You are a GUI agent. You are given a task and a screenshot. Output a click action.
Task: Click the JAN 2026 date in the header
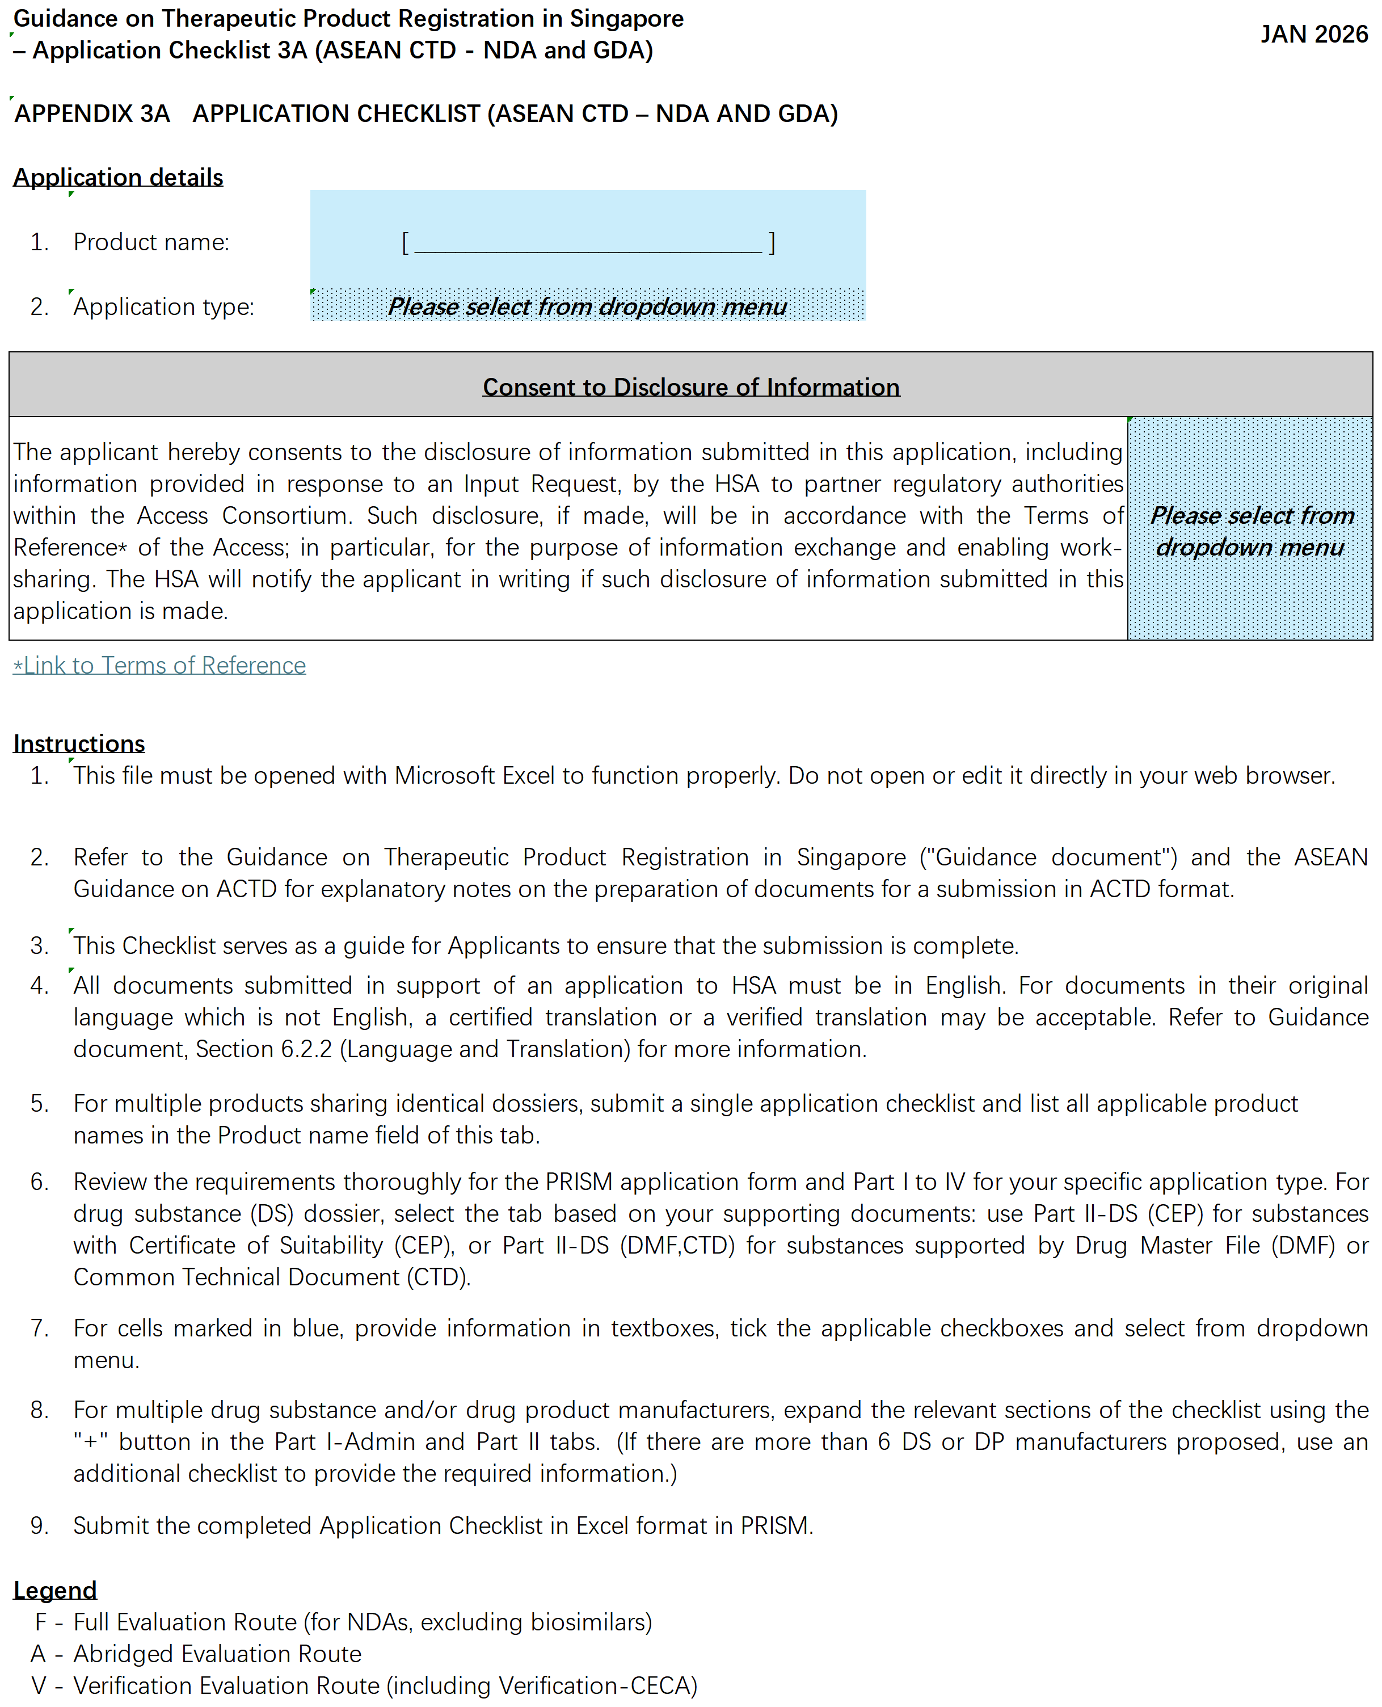pos(1313,34)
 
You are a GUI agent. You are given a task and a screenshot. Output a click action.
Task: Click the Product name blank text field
pos(588,242)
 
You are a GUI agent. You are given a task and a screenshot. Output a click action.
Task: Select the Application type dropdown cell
pos(588,306)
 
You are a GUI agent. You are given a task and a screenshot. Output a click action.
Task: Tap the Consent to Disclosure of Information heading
pos(691,387)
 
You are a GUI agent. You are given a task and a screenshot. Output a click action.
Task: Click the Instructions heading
pos(79,743)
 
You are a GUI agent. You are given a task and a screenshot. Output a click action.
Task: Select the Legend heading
pos(55,1590)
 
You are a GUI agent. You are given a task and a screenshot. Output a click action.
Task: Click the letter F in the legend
pos(41,1622)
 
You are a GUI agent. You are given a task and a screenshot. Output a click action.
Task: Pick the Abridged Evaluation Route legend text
pos(217,1654)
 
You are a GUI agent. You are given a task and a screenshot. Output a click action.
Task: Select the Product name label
pos(151,242)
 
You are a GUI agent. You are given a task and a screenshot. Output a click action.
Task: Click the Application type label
pos(164,306)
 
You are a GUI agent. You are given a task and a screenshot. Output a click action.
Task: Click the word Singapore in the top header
pos(626,18)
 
